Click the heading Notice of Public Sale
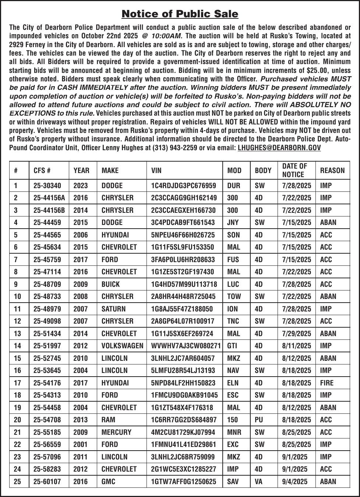pyautogui.click(x=180, y=14)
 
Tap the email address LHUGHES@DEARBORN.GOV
pyautogui.click(x=279, y=148)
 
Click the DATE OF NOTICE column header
pyautogui.click(x=294, y=170)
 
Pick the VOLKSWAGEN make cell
pyautogui.click(x=122, y=346)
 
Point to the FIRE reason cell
pyautogui.click(x=327, y=383)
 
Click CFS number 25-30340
pyautogui.click(x=47, y=186)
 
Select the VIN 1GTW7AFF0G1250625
pyautogui.click(x=184, y=482)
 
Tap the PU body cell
pyautogui.click(x=259, y=420)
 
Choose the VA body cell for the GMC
pyautogui.click(x=259, y=482)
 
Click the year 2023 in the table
pyautogui.click(x=81, y=186)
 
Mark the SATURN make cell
pyautogui.click(x=113, y=309)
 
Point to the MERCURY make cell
pyautogui.click(x=116, y=432)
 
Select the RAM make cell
pyautogui.click(x=108, y=420)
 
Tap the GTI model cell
pyautogui.click(x=232, y=346)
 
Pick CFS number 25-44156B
pyautogui.click(x=49, y=210)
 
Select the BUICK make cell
pyautogui.click(x=110, y=284)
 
